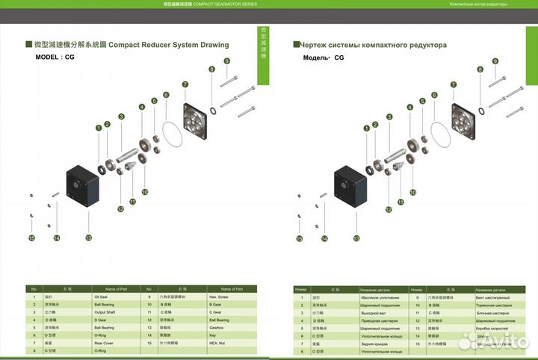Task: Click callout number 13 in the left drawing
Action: pyautogui.click(x=88, y=238)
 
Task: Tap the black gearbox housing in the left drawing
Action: pyautogui.click(x=83, y=182)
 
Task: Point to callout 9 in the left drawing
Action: pyautogui.click(x=226, y=60)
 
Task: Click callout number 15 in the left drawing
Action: pyautogui.click(x=31, y=239)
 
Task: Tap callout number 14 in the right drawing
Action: pyautogui.click(x=324, y=239)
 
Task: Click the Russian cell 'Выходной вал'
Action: pyautogui.click(x=379, y=313)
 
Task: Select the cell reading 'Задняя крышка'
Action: pyautogui.click(x=379, y=344)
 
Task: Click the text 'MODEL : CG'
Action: pyautogui.click(x=55, y=58)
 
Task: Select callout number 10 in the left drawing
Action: pyautogui.click(x=145, y=192)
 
